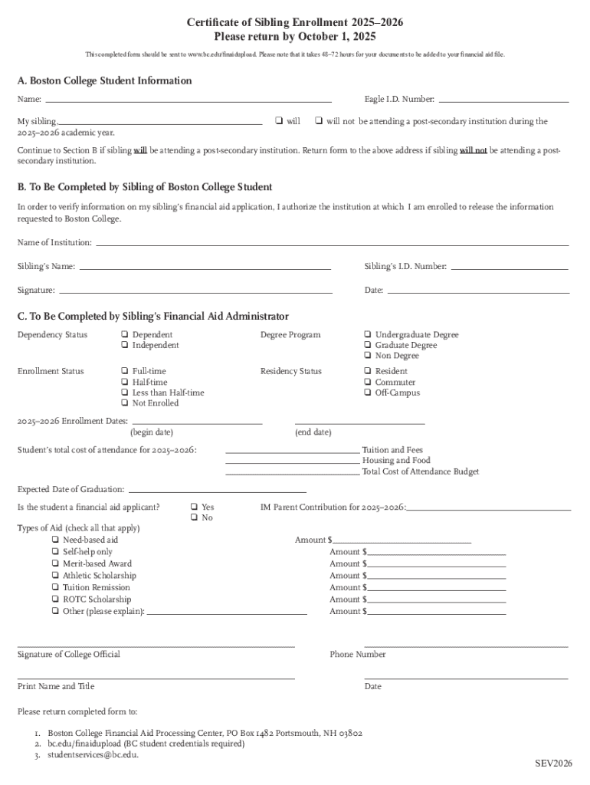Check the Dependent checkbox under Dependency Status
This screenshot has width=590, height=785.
click(x=124, y=335)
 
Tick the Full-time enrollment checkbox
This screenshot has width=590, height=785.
click(x=124, y=372)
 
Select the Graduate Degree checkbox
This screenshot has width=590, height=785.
click(x=368, y=346)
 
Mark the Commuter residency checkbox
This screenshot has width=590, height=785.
click(x=368, y=383)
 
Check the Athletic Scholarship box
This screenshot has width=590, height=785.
click(x=55, y=576)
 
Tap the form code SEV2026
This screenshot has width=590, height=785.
click(x=553, y=764)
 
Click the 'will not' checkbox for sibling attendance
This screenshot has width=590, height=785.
click(x=319, y=121)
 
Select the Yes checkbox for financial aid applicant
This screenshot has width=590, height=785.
click(x=194, y=507)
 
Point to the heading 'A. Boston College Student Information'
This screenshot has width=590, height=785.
click(x=105, y=81)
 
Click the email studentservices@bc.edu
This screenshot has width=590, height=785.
click(x=93, y=755)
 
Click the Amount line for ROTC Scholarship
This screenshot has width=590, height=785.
click(x=436, y=603)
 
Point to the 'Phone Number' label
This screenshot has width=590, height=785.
click(x=358, y=655)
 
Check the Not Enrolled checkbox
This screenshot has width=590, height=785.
click(x=124, y=403)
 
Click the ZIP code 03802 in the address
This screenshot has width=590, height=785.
click(x=349, y=734)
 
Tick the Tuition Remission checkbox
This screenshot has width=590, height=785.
click(x=55, y=588)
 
